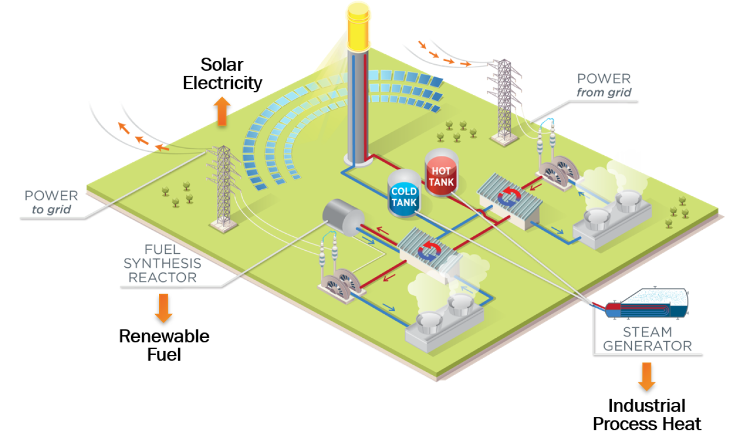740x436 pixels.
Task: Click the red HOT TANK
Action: tap(442, 175)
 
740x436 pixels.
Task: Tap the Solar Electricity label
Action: tap(222, 73)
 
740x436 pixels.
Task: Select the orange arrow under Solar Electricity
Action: tap(221, 112)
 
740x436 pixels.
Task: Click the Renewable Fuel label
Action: tap(164, 344)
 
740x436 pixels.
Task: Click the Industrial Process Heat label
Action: tap(647, 415)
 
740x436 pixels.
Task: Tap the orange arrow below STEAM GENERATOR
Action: tap(647, 376)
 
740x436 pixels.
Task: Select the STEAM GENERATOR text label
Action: tap(647, 339)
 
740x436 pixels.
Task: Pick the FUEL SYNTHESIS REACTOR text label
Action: tap(162, 263)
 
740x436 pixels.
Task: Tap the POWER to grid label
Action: tap(51, 202)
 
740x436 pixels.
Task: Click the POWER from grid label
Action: tap(604, 86)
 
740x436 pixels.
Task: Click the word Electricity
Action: tap(222, 83)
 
